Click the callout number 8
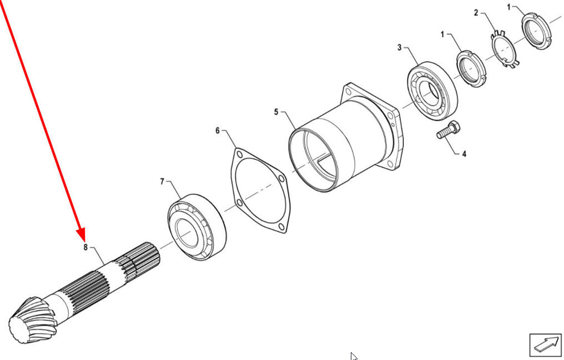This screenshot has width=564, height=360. pyautogui.click(x=85, y=247)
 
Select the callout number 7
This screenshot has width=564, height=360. pyautogui.click(x=162, y=182)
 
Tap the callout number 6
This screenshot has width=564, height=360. pyautogui.click(x=218, y=131)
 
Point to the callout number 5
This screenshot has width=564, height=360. pyautogui.click(x=276, y=112)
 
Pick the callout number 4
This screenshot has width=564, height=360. pyautogui.click(x=464, y=154)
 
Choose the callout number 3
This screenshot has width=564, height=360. pyautogui.click(x=400, y=48)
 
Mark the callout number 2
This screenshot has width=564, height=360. pyautogui.click(x=476, y=13)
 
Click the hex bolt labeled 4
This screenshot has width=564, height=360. pyautogui.click(x=449, y=130)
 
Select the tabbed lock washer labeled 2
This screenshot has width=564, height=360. pyautogui.click(x=505, y=49)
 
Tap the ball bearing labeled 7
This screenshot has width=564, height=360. pyautogui.click(x=197, y=227)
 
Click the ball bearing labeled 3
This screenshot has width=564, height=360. pyautogui.click(x=432, y=91)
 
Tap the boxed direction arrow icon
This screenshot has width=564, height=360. pyautogui.click(x=545, y=345)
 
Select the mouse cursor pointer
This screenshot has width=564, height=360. pyautogui.click(x=354, y=357)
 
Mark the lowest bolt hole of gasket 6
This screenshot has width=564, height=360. pyautogui.click(x=281, y=226)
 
